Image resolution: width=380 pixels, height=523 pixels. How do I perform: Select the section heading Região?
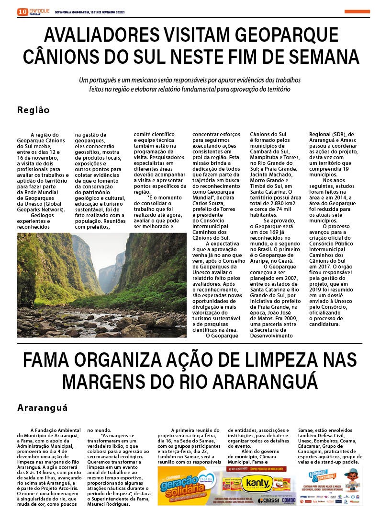34,110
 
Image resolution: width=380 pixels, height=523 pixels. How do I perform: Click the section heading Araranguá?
43,408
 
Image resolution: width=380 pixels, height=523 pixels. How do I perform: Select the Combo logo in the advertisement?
289,500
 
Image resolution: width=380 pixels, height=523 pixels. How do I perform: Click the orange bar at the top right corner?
357,12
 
